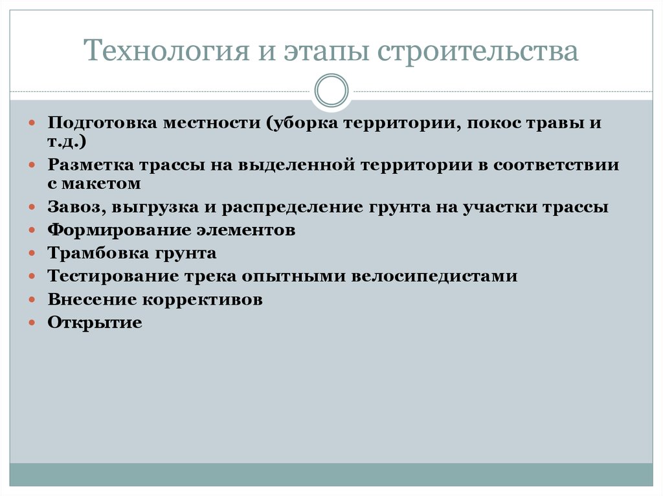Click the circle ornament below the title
(331, 91)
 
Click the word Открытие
(95, 323)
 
